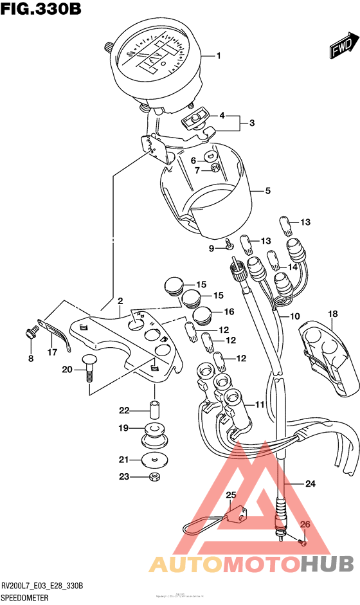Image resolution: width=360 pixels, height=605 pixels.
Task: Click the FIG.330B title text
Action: click(40, 10)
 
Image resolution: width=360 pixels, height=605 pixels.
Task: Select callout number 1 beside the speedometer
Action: click(218, 56)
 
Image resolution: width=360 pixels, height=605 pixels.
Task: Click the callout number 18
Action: click(332, 314)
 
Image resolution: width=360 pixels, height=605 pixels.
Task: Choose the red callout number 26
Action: click(305, 525)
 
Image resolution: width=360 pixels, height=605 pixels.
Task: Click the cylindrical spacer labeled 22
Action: click(155, 410)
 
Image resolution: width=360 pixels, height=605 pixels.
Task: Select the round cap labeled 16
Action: click(202, 314)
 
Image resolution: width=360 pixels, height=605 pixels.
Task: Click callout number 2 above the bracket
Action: click(120, 301)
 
